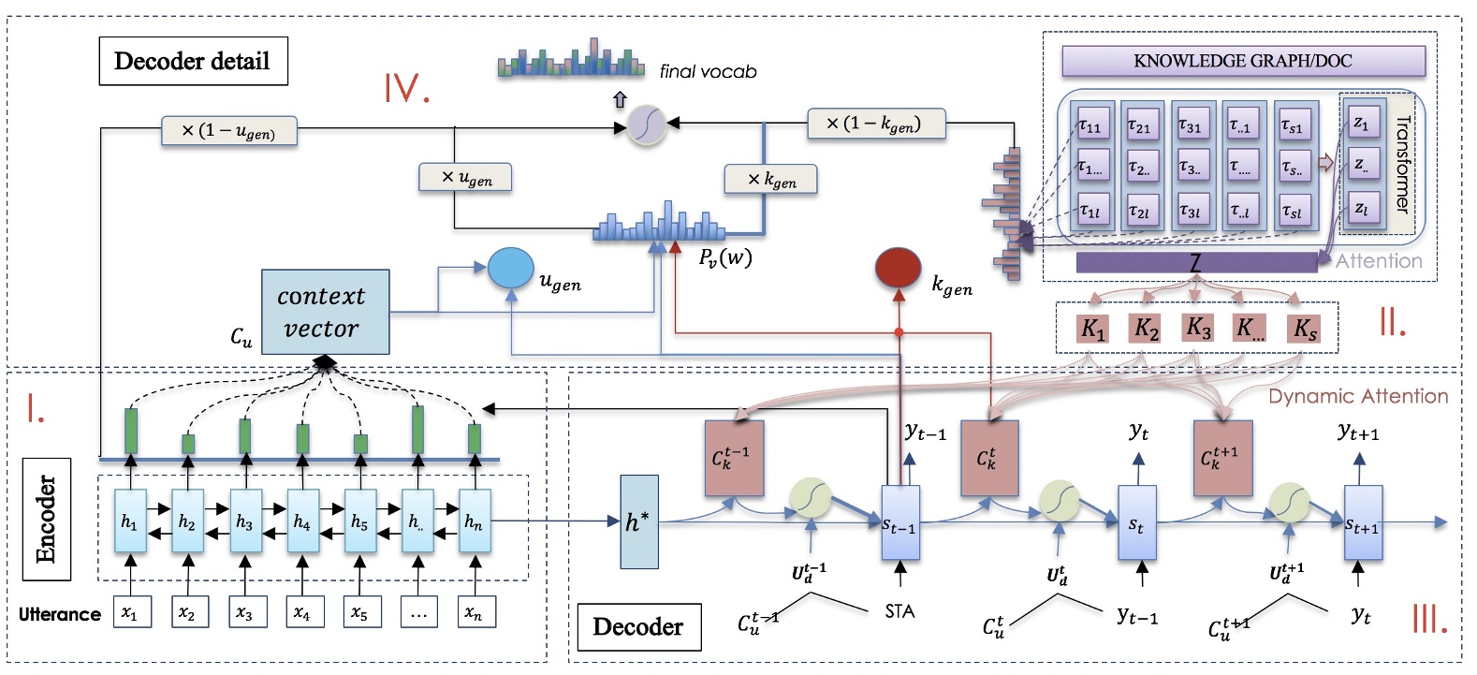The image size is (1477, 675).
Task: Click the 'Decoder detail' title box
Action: pos(193,62)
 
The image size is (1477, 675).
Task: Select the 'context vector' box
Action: pos(325,313)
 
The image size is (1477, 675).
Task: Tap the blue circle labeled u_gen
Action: pos(510,268)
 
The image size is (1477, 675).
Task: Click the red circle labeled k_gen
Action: pos(899,268)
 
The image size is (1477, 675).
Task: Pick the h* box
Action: pos(638,521)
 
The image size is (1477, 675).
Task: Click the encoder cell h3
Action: pos(244,521)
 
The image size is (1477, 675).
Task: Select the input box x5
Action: pos(359,613)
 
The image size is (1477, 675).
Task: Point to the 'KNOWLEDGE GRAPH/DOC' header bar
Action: pos(1242,62)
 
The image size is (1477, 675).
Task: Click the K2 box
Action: pos(1146,329)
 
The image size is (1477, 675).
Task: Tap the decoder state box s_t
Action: pos(1137,524)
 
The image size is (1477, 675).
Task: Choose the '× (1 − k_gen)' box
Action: pos(875,124)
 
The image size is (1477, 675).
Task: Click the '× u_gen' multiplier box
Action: pos(465,177)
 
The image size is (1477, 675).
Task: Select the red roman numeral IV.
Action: pos(406,88)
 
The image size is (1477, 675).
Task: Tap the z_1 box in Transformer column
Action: pos(1361,123)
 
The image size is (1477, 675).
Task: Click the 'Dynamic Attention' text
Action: pos(1357,396)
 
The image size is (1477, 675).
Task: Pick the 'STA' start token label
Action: pos(899,611)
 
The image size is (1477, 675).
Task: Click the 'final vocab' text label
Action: pos(708,71)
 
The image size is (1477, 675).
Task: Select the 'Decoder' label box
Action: pos(638,626)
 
